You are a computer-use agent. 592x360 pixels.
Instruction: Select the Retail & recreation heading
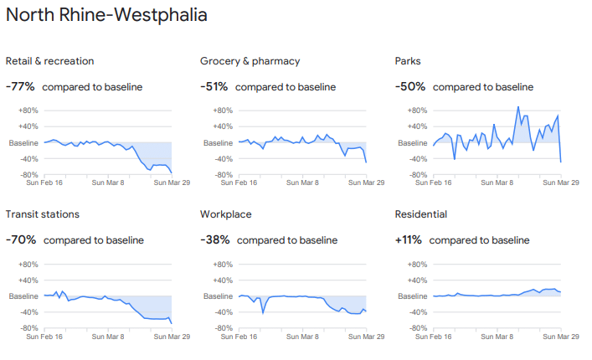(x=49, y=61)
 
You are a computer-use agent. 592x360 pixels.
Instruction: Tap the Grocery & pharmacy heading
(x=250, y=61)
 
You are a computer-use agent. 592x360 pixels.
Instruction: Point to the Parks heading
(x=408, y=61)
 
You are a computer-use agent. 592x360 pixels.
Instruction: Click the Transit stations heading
(x=43, y=214)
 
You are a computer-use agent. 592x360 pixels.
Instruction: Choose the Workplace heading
(x=226, y=214)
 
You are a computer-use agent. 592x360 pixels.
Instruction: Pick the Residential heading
(x=420, y=214)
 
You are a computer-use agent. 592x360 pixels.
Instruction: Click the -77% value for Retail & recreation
(x=20, y=86)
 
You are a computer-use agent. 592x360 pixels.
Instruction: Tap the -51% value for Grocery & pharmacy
(x=214, y=86)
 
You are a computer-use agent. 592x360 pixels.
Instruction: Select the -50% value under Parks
(x=409, y=86)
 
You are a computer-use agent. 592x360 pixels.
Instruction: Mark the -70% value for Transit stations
(x=21, y=239)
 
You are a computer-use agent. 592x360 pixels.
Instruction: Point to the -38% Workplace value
(x=214, y=239)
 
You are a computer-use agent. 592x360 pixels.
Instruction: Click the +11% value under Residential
(x=409, y=239)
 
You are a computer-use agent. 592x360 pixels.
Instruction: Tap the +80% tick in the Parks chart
(x=417, y=111)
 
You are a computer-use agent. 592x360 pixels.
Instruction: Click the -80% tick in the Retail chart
(x=28, y=175)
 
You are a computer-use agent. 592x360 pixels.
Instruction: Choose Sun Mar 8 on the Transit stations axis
(x=107, y=336)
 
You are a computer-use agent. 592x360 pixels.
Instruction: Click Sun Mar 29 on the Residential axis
(x=561, y=336)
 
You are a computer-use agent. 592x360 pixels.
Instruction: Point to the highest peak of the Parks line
(x=518, y=106)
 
